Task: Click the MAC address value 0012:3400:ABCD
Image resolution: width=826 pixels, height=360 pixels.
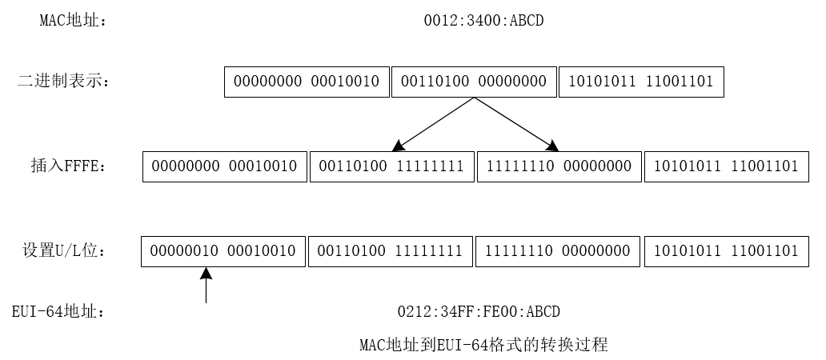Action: click(x=483, y=21)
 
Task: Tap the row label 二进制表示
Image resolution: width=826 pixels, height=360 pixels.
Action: click(x=63, y=81)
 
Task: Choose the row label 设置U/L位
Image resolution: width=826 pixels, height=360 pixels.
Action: click(x=64, y=251)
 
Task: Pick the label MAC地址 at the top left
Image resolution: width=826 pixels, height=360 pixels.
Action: click(x=73, y=21)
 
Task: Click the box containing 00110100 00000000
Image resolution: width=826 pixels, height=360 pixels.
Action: click(x=474, y=82)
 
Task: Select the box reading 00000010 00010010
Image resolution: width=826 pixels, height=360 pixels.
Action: click(x=223, y=251)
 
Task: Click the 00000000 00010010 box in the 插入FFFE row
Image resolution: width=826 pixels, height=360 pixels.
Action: click(x=224, y=166)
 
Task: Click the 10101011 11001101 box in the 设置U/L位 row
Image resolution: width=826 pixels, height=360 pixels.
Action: click(x=726, y=251)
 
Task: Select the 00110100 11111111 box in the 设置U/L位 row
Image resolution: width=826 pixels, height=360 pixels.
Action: click(x=391, y=251)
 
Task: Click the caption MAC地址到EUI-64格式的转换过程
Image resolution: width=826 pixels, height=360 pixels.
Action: click(x=483, y=346)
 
